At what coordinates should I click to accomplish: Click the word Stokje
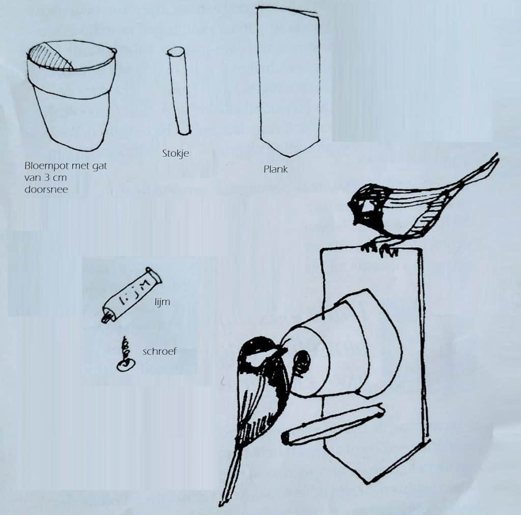[176, 154]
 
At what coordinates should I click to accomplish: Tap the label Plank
[275, 169]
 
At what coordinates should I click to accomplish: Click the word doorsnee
[46, 190]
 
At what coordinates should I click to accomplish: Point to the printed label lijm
[162, 302]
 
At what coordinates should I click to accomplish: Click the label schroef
[159, 351]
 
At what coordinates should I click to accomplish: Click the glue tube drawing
[131, 295]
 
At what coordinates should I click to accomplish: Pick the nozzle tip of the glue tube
[104, 319]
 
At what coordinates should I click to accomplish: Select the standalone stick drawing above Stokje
[179, 91]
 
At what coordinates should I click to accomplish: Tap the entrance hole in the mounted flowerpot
[301, 363]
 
